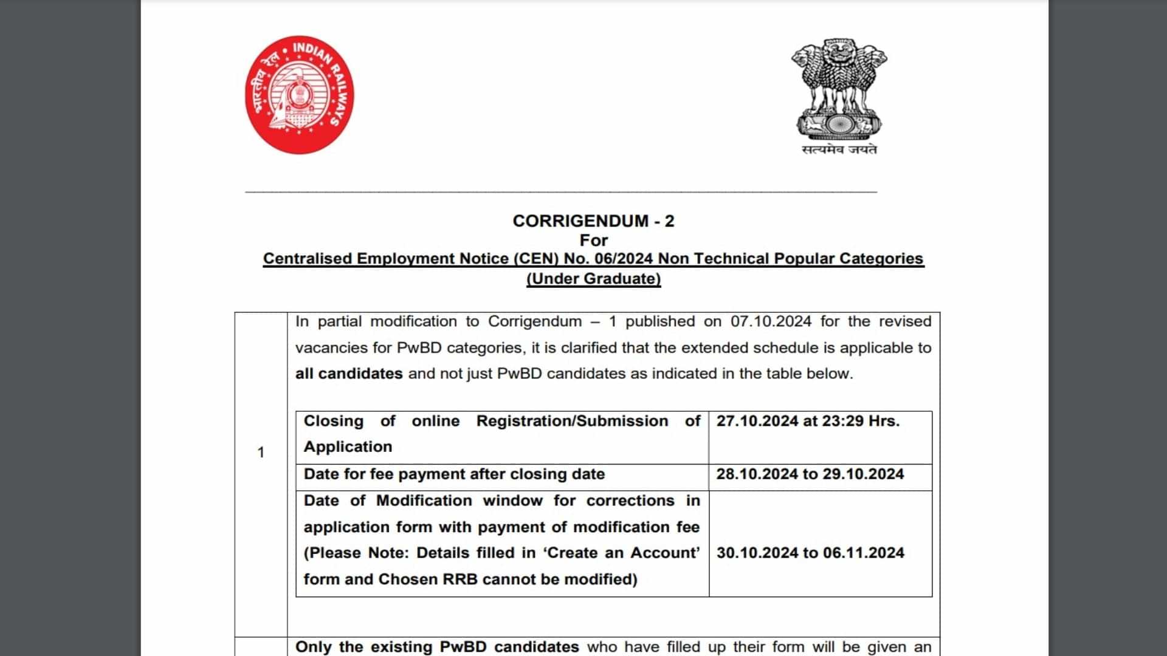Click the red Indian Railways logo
(299, 95)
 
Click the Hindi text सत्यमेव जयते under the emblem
(839, 149)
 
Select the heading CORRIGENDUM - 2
(593, 221)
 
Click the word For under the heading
(593, 241)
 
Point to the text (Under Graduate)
(593, 279)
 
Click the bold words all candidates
(349, 374)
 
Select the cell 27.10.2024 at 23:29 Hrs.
(808, 421)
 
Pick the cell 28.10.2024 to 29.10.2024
(810, 474)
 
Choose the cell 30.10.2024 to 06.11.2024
(810, 553)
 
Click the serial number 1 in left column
(261, 453)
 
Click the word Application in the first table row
(348, 447)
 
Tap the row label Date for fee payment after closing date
(454, 474)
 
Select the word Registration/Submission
(572, 421)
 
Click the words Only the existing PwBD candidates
(437, 647)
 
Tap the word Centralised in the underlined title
(307, 259)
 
